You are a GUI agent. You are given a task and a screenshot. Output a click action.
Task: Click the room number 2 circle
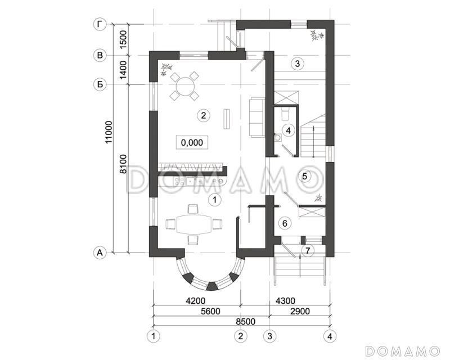(x=204, y=115)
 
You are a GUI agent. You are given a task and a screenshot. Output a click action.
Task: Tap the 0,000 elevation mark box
(x=192, y=142)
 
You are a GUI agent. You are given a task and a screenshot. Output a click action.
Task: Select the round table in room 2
(x=184, y=86)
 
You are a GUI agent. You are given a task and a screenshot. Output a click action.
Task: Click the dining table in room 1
(x=193, y=224)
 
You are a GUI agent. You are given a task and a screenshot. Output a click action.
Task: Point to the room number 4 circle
(x=288, y=130)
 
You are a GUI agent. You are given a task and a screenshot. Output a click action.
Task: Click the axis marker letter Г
(x=100, y=25)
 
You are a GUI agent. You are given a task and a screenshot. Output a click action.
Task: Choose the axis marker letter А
(x=100, y=253)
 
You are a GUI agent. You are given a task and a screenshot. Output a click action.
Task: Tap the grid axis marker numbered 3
(x=269, y=336)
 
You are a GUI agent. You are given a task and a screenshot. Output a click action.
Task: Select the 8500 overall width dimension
(x=246, y=321)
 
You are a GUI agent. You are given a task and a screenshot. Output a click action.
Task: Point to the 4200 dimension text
(x=196, y=300)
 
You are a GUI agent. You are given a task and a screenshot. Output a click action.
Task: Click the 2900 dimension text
(x=300, y=311)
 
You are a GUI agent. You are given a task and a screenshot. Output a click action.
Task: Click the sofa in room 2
(x=257, y=118)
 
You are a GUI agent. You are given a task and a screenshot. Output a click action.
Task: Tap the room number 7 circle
(x=307, y=251)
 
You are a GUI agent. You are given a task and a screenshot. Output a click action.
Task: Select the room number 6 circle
(x=285, y=223)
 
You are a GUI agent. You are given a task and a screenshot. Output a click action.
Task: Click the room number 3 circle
(x=298, y=64)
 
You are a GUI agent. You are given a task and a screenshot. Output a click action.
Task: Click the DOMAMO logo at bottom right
(x=403, y=351)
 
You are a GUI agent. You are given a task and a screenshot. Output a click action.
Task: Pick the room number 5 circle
(x=304, y=176)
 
